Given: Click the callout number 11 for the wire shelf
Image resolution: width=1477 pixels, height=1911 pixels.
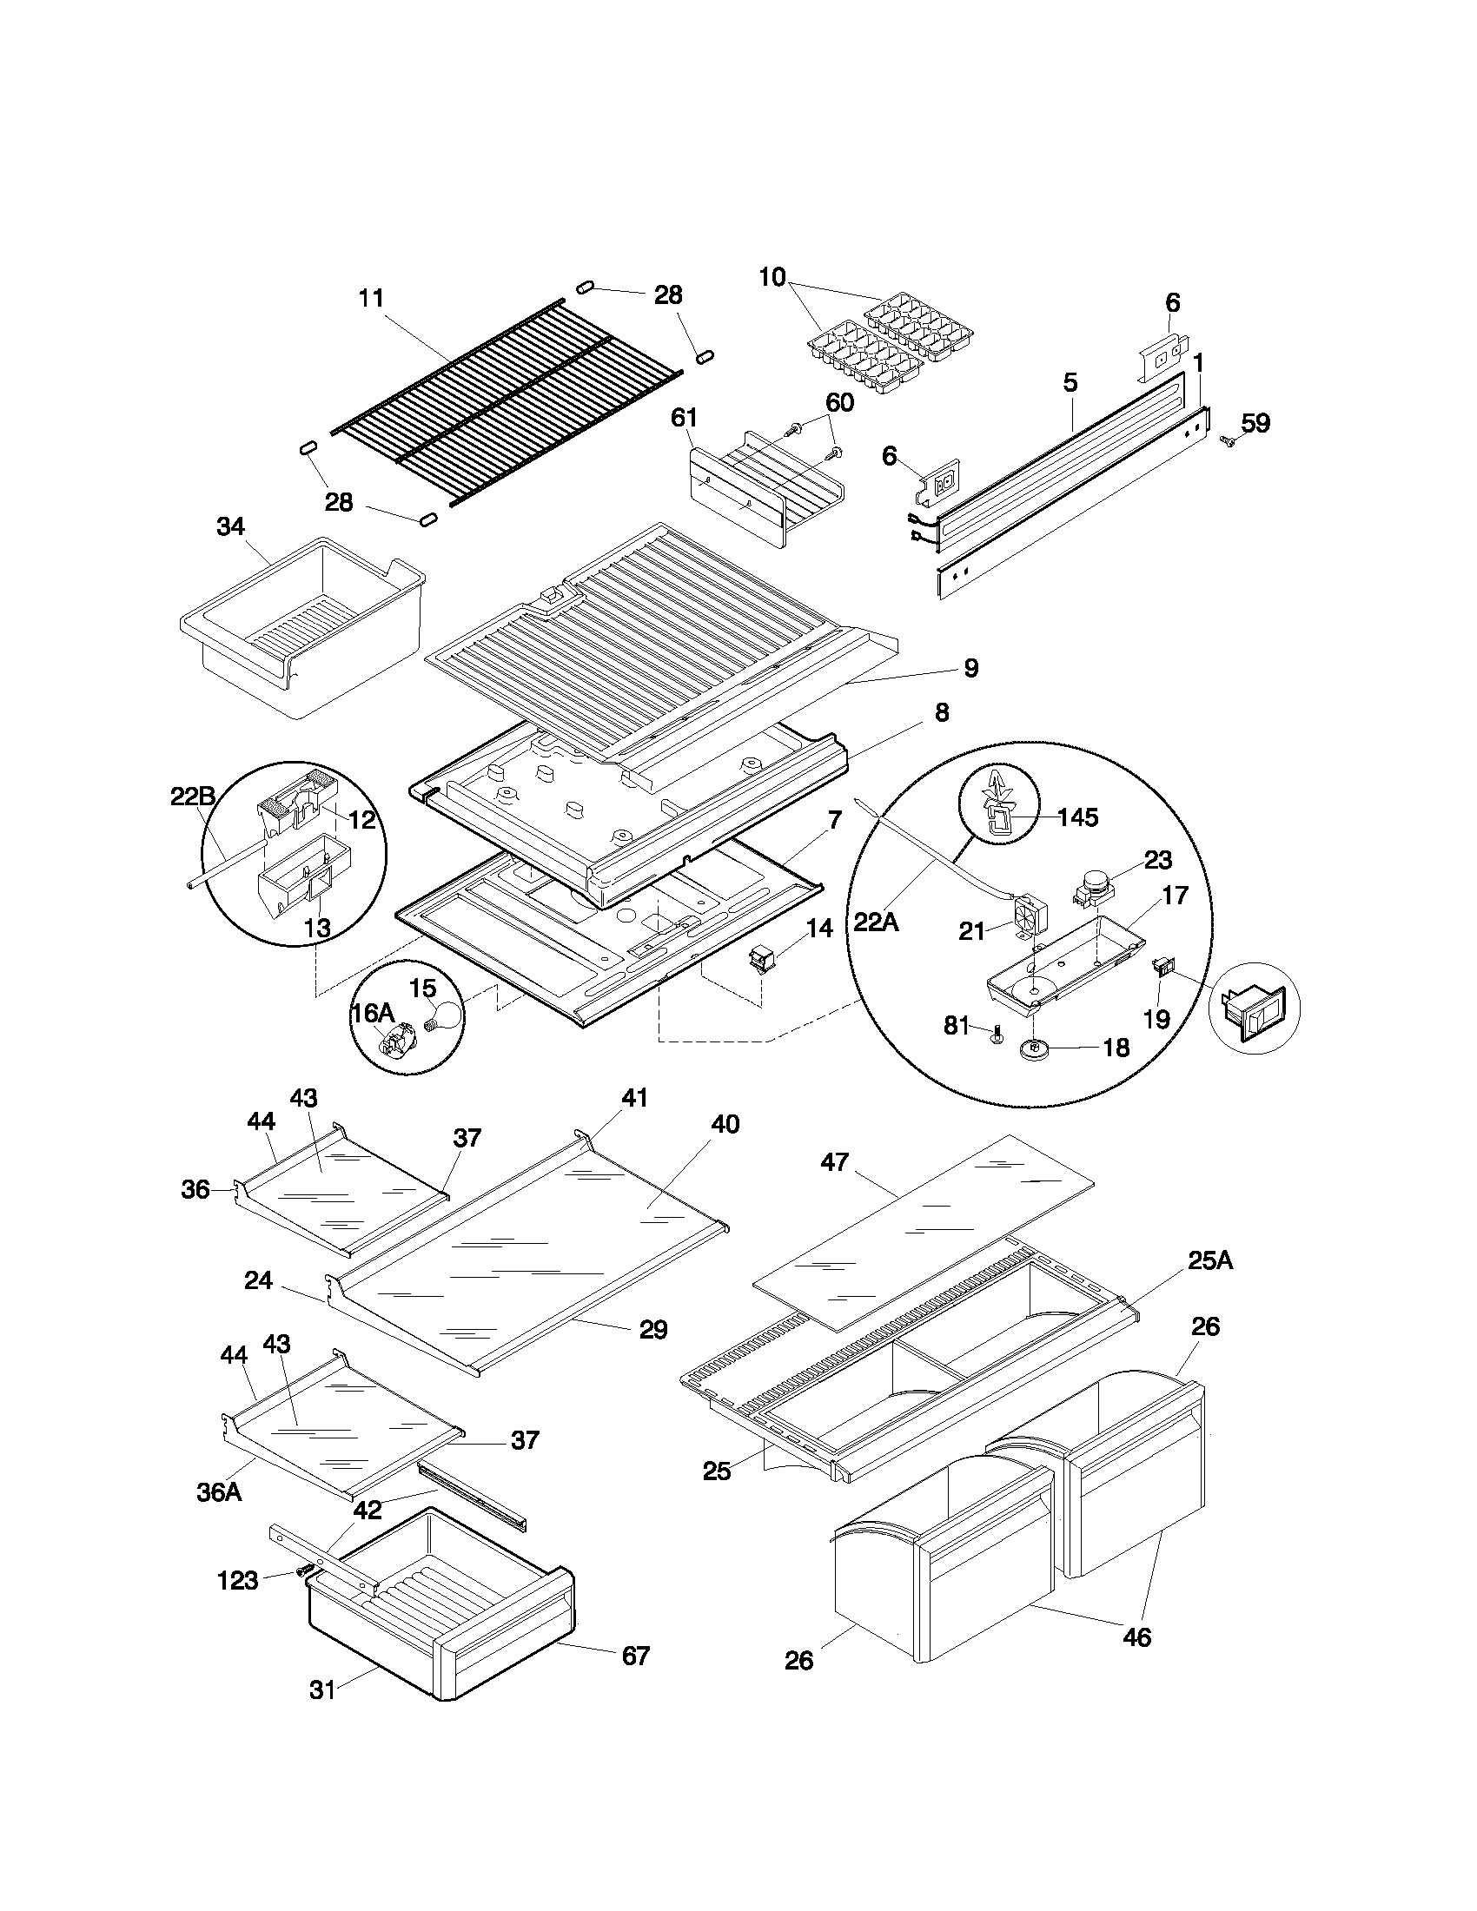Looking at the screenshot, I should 372,298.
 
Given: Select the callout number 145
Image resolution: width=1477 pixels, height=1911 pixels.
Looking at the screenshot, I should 1078,817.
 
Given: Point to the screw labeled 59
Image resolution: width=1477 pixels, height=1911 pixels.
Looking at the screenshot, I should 1228,443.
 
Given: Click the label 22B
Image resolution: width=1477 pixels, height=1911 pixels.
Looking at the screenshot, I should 193,797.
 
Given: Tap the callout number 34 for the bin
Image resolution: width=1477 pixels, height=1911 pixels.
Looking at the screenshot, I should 231,526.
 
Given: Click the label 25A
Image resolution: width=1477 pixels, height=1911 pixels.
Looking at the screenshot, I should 1210,1260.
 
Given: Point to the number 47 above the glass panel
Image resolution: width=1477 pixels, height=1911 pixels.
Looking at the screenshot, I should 834,1162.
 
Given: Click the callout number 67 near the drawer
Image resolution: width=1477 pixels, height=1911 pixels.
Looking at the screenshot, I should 636,1656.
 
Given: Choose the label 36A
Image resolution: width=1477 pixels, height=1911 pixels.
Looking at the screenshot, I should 219,1491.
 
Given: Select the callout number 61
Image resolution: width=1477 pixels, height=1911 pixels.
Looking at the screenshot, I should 684,420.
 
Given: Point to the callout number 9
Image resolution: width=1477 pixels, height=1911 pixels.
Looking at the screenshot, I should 970,669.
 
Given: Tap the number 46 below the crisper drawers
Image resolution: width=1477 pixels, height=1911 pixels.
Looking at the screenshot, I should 1136,1637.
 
